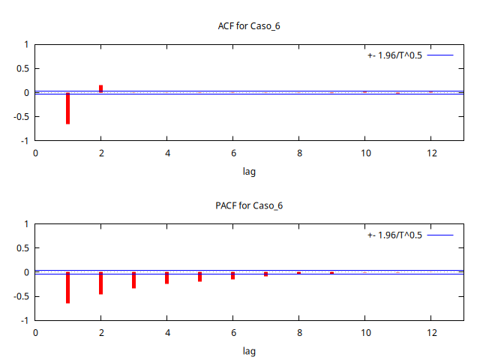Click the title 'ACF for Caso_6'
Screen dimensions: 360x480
click(x=249, y=26)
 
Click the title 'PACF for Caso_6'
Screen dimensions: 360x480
click(x=249, y=205)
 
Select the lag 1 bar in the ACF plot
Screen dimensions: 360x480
click(x=67, y=108)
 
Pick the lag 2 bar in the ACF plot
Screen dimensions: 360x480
click(x=100, y=88)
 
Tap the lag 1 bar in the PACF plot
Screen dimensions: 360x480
click(x=67, y=287)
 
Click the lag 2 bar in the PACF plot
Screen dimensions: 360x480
click(x=100, y=283)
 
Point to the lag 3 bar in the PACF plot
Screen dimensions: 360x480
click(x=133, y=280)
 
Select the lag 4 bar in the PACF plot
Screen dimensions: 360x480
click(x=166, y=277)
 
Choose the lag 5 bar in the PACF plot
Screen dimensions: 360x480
click(x=199, y=277)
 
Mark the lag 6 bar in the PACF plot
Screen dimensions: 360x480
click(x=232, y=275)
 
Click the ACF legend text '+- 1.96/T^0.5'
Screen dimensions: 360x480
click(x=394, y=55)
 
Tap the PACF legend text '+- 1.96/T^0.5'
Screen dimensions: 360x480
click(x=394, y=235)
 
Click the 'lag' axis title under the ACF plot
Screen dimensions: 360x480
click(x=249, y=172)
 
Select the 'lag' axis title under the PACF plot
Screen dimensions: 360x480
click(x=249, y=351)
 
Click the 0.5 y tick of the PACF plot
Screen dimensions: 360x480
click(x=22, y=248)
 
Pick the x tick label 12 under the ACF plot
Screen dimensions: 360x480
click(x=430, y=153)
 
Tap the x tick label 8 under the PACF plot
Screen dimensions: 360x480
click(x=298, y=332)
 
